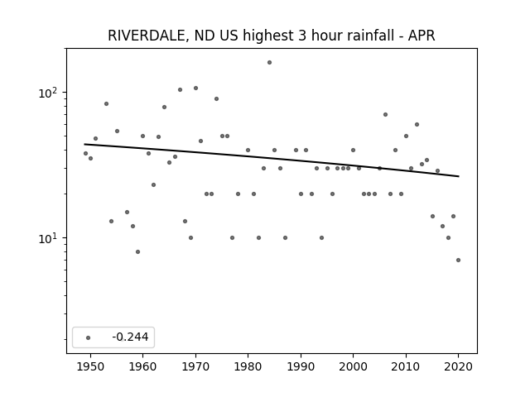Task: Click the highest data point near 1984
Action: [269, 63]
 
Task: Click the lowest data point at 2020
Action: [458, 260]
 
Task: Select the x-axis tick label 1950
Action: [90, 366]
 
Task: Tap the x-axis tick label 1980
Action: [248, 366]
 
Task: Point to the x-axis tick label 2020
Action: [458, 366]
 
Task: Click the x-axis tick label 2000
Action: [354, 366]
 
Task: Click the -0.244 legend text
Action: [130, 337]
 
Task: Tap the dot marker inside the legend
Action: [89, 337]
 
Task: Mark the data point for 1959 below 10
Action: [137, 251]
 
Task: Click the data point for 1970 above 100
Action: [195, 88]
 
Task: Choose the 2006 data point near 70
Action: [385, 115]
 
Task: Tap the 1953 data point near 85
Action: [107, 103]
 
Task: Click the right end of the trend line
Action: [459, 176]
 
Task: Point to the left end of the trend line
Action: [84, 144]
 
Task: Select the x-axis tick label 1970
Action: [195, 366]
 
